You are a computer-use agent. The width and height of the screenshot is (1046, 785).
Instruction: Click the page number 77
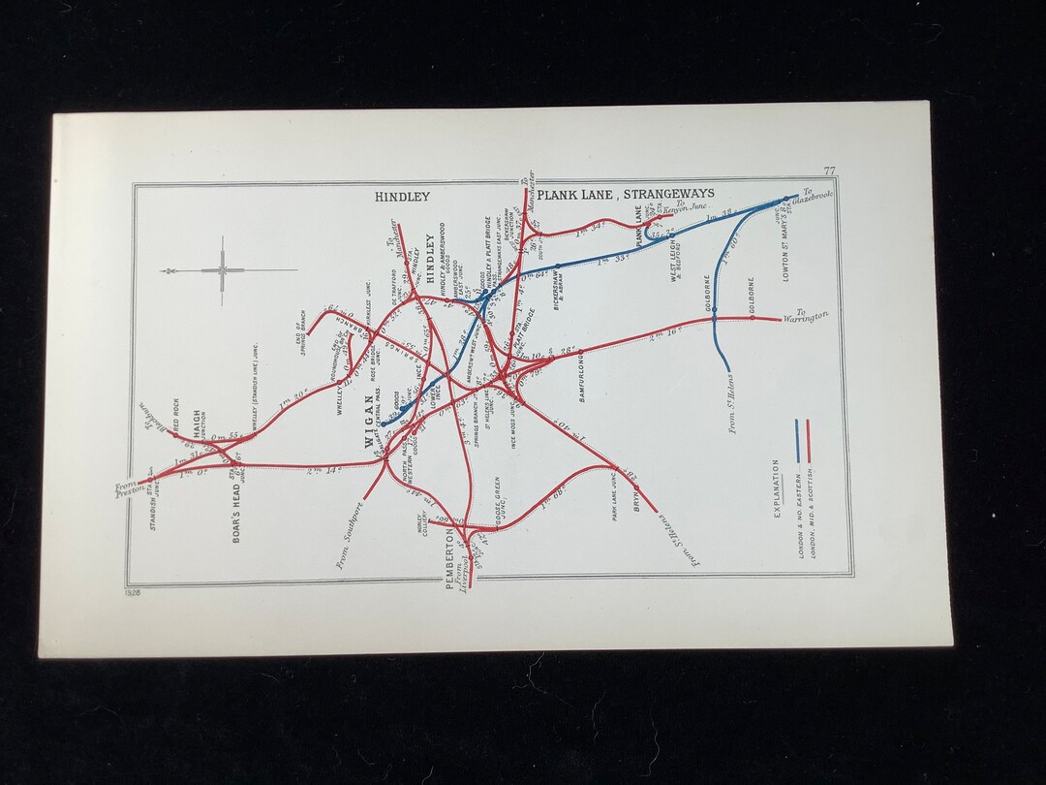[829, 172]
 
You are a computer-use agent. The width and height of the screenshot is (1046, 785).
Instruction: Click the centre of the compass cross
[222, 270]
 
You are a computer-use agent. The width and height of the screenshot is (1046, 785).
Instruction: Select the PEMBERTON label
[448, 555]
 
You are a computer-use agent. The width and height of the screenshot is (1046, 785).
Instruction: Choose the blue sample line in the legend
[796, 441]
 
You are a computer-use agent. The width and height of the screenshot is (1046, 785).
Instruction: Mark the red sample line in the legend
[807, 441]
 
